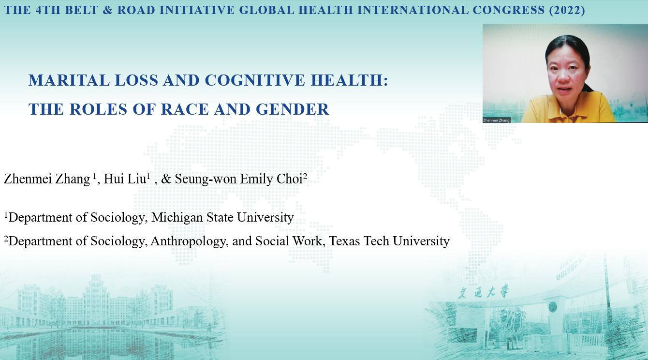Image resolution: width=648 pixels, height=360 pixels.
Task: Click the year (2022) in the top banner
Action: (567, 10)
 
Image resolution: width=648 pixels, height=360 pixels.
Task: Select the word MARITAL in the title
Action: (69, 80)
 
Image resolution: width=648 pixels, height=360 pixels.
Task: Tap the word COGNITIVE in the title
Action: (255, 80)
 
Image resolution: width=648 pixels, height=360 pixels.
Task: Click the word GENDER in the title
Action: (292, 109)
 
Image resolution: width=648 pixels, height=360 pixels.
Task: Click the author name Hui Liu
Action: (125, 179)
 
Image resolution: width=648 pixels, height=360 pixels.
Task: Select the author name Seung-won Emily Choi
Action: (239, 179)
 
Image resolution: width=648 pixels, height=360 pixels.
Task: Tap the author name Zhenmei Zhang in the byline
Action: (47, 179)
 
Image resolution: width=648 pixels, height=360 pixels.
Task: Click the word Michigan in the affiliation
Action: (177, 217)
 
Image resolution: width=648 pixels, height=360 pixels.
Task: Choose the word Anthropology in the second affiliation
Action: (188, 241)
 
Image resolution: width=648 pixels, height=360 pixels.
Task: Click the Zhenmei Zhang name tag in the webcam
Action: (496, 120)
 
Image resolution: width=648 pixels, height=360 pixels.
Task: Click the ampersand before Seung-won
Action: (166, 179)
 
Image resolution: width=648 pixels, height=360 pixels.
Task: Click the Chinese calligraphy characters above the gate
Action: (483, 292)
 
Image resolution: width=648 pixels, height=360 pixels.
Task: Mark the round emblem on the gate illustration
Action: (553, 307)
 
